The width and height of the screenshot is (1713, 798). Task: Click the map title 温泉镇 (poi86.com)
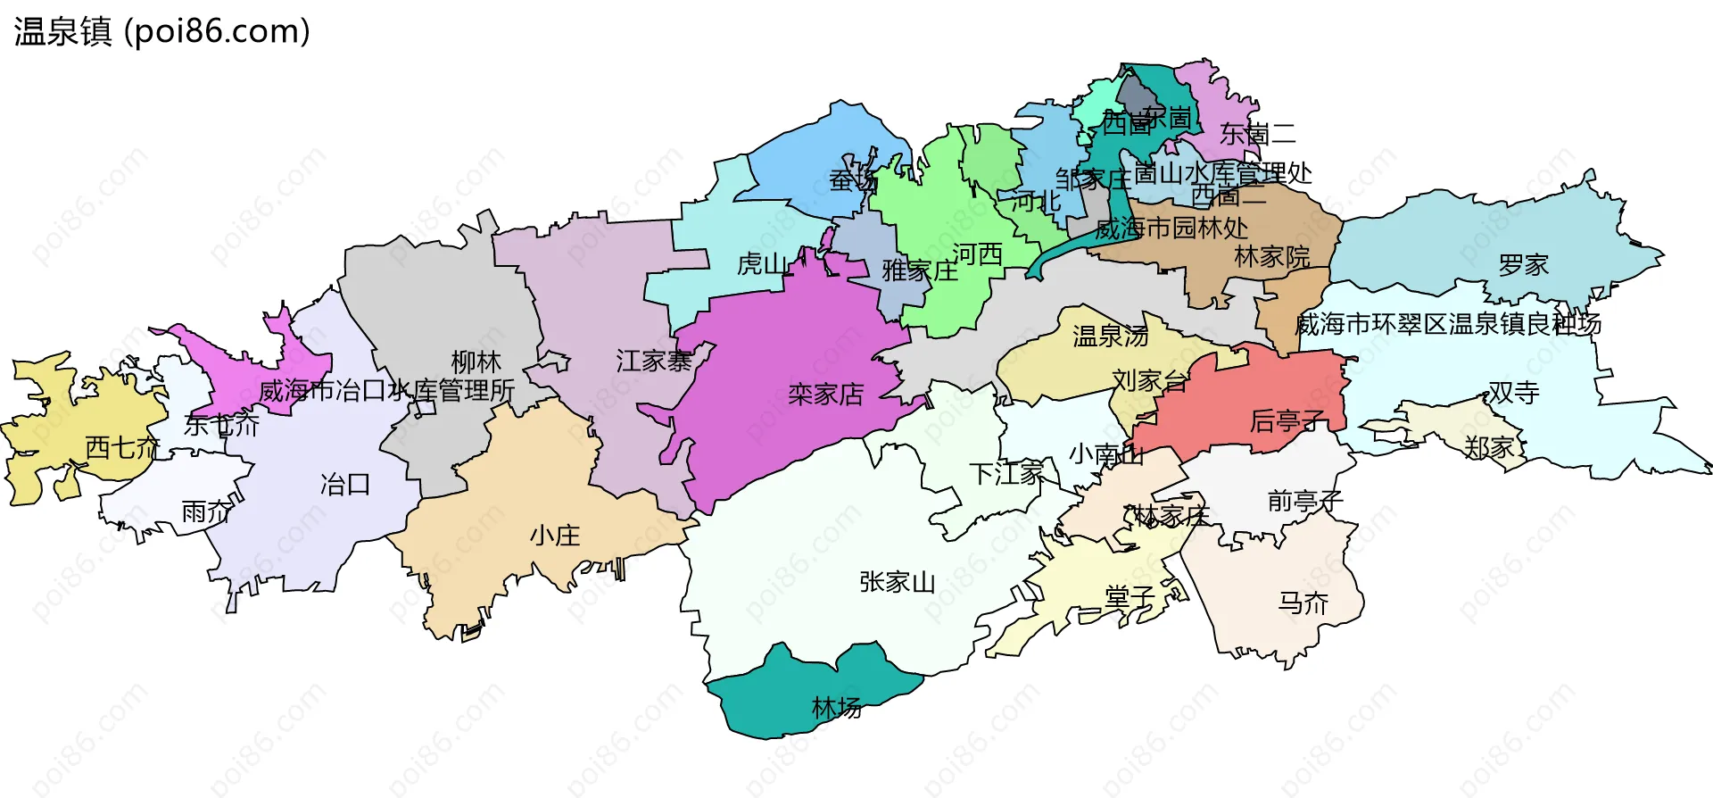(x=161, y=31)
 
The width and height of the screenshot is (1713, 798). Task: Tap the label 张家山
(x=897, y=582)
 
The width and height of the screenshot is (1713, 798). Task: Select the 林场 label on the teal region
(x=836, y=708)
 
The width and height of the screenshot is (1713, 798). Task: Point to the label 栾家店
(x=825, y=394)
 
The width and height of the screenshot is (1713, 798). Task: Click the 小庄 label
(x=554, y=536)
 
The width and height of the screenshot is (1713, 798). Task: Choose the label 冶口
(x=344, y=485)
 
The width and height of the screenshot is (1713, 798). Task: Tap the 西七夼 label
(x=122, y=447)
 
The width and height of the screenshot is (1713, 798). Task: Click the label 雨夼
(x=206, y=512)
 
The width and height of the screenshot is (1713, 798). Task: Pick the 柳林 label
(x=476, y=362)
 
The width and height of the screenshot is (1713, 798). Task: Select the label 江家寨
(x=653, y=361)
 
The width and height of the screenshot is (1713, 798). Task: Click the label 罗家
(x=1523, y=265)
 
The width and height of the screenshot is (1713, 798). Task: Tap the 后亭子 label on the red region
(x=1287, y=420)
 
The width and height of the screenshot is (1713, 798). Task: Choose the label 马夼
(x=1303, y=603)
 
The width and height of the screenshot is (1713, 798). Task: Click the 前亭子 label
(x=1304, y=501)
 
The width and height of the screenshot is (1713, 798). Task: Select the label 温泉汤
(x=1110, y=337)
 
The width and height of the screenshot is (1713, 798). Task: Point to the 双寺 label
(x=1513, y=393)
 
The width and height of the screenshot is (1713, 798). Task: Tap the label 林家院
(x=1271, y=257)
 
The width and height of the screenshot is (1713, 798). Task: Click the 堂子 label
(x=1130, y=596)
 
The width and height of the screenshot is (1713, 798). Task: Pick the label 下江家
(x=1006, y=473)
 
